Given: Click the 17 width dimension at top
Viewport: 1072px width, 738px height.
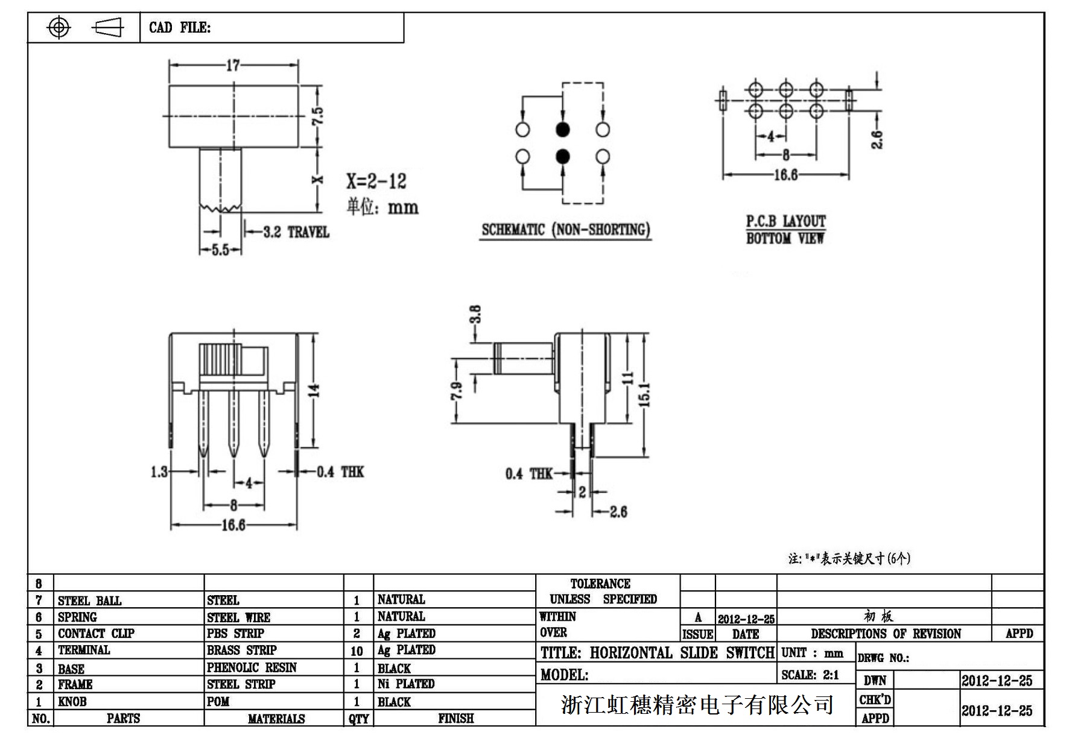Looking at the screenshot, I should (233, 65).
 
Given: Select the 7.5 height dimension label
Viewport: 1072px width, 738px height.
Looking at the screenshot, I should (318, 116).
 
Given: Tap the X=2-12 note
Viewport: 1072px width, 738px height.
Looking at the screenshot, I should (376, 181).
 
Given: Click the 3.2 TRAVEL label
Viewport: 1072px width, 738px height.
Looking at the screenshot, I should (296, 232).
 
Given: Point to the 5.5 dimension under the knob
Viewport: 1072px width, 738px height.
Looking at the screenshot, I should (221, 250).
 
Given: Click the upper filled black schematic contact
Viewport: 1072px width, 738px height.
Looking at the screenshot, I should (562, 129).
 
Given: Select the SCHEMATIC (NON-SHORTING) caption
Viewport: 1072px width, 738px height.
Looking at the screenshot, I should (565, 230).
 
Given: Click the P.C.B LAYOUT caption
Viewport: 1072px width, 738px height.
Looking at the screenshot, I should (785, 221).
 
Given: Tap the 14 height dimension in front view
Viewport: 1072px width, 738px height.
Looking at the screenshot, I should (314, 391).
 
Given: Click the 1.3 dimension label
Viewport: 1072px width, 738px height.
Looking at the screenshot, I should (159, 471).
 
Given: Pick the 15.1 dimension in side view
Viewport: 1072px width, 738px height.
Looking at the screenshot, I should (644, 395).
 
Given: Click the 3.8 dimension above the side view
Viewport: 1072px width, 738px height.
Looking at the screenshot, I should (475, 315).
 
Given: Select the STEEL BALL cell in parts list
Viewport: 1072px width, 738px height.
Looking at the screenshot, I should (89, 601).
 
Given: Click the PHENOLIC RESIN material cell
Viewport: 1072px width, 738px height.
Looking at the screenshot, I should (252, 667).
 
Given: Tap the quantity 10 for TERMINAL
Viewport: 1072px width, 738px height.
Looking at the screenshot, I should (357, 651).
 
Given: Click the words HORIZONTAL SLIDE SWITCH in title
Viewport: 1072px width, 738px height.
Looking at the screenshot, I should (682, 653).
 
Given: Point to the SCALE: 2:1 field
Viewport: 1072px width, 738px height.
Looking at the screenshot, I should (810, 675).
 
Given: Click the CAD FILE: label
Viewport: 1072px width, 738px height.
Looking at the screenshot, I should (180, 28).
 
